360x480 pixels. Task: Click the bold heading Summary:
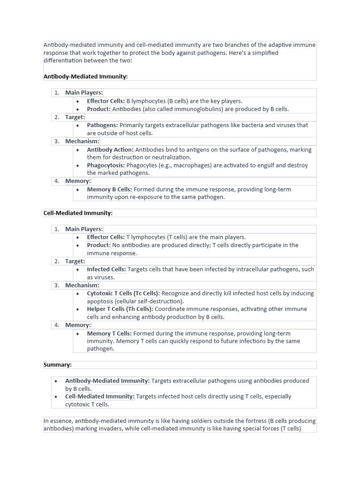click(57, 365)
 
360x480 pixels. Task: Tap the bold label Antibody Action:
click(110, 150)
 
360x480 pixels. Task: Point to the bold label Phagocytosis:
click(105, 165)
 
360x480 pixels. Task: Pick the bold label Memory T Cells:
click(109, 333)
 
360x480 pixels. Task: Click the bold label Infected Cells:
click(106, 270)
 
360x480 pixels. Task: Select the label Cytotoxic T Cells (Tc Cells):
click(123, 293)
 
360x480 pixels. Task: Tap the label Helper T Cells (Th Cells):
click(120, 309)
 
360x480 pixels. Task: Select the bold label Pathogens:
click(103, 125)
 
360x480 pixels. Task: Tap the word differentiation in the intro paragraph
click(63, 60)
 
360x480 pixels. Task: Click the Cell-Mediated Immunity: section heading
click(78, 213)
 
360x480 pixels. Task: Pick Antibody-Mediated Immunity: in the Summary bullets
click(107, 381)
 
